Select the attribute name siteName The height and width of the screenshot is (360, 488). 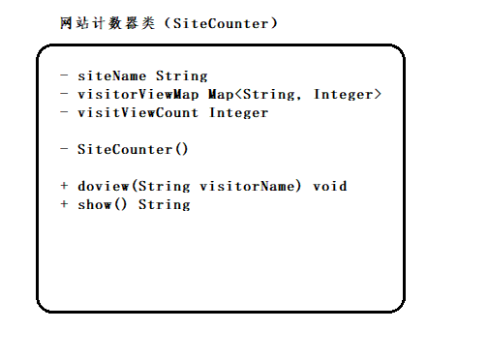coord(112,75)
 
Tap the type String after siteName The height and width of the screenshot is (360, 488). coord(182,75)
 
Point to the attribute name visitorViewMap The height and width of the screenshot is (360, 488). coord(138,94)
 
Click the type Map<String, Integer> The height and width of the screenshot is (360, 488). coord(295,94)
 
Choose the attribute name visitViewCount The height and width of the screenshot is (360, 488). coord(138,112)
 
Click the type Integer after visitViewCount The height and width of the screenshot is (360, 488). coord(238,112)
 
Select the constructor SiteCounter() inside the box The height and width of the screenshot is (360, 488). coord(132,149)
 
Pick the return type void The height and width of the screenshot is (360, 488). coord(329,186)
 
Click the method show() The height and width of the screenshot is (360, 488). coord(103,204)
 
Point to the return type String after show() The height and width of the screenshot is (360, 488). coord(165,204)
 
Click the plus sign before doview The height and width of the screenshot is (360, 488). coord(64,186)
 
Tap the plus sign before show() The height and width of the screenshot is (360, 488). coord(64,204)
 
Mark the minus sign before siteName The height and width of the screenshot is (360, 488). coord(64,75)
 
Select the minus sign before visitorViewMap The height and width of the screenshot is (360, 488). coord(64,94)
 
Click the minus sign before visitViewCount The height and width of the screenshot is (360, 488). coord(64,112)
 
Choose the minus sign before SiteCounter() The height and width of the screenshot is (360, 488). coord(64,149)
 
